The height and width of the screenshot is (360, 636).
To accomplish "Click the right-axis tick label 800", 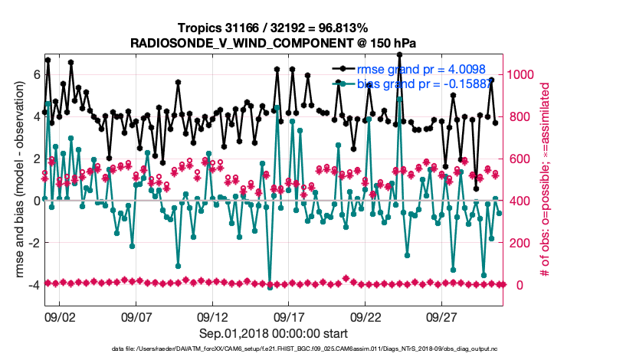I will (520, 116).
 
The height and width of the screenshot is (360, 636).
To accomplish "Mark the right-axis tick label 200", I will (520, 243).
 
